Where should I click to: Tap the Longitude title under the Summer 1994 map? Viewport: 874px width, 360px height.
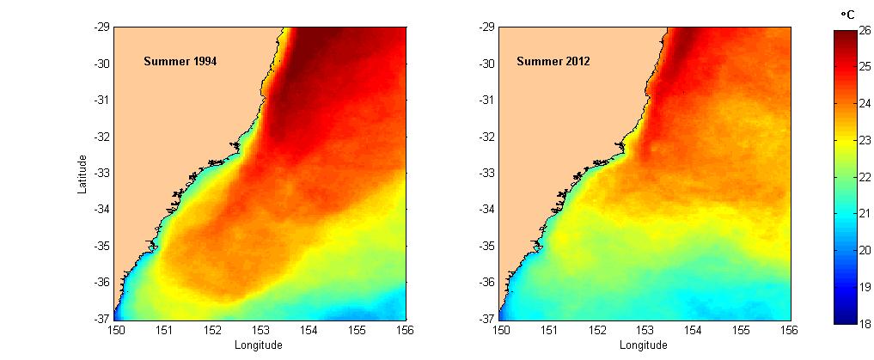259,345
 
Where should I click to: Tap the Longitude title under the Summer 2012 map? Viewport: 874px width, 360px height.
644,345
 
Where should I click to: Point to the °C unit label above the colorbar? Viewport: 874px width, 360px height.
846,15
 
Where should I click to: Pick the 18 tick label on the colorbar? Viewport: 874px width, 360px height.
865,324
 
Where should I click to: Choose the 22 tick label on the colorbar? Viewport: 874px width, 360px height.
865,177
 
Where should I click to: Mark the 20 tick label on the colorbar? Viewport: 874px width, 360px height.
865,251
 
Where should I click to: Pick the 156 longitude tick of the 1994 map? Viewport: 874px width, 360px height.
405,329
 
